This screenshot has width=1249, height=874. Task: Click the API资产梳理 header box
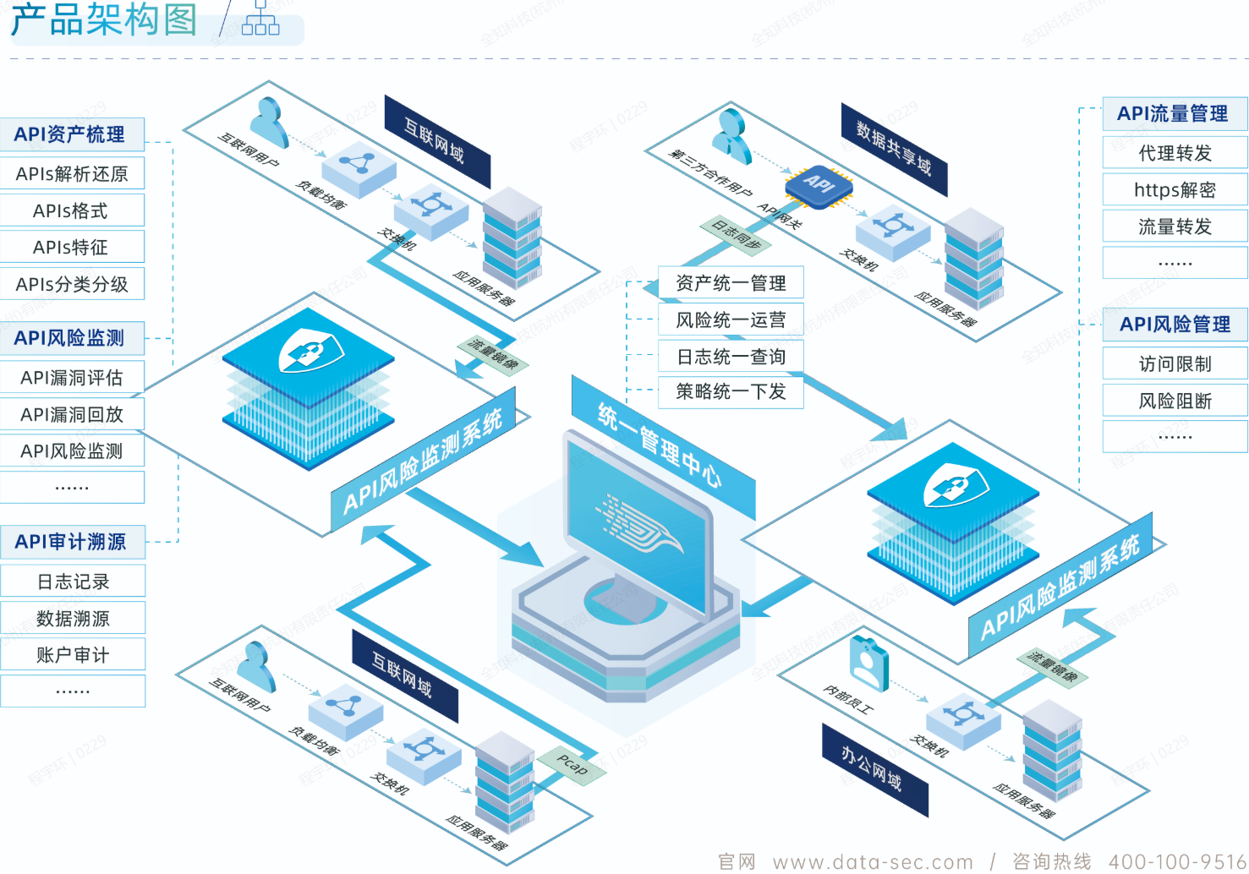pyautogui.click(x=71, y=134)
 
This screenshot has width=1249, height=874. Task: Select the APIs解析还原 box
pyautogui.click(x=72, y=173)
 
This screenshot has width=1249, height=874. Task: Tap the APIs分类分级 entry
pyautogui.click(x=72, y=284)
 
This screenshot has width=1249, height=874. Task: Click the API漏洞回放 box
pyautogui.click(x=72, y=414)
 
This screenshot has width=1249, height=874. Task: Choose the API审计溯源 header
pyautogui.click(x=72, y=542)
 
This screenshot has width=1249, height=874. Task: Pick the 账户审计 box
pyautogui.click(x=73, y=654)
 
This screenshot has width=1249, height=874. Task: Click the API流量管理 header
pyautogui.click(x=1174, y=114)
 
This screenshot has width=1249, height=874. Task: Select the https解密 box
pyautogui.click(x=1175, y=189)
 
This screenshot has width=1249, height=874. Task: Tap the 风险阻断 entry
pyautogui.click(x=1175, y=401)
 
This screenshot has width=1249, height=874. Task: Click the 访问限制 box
pyautogui.click(x=1175, y=363)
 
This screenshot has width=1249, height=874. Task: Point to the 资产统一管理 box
pyautogui.click(x=731, y=283)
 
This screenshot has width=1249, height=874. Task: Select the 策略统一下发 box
pyautogui.click(x=731, y=391)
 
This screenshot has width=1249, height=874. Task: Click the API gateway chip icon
pyautogui.click(x=818, y=183)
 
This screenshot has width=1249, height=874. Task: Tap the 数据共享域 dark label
pyautogui.click(x=894, y=149)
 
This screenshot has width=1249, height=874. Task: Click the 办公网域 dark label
pyautogui.click(x=874, y=770)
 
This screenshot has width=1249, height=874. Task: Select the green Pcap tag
pyautogui.click(x=572, y=765)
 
